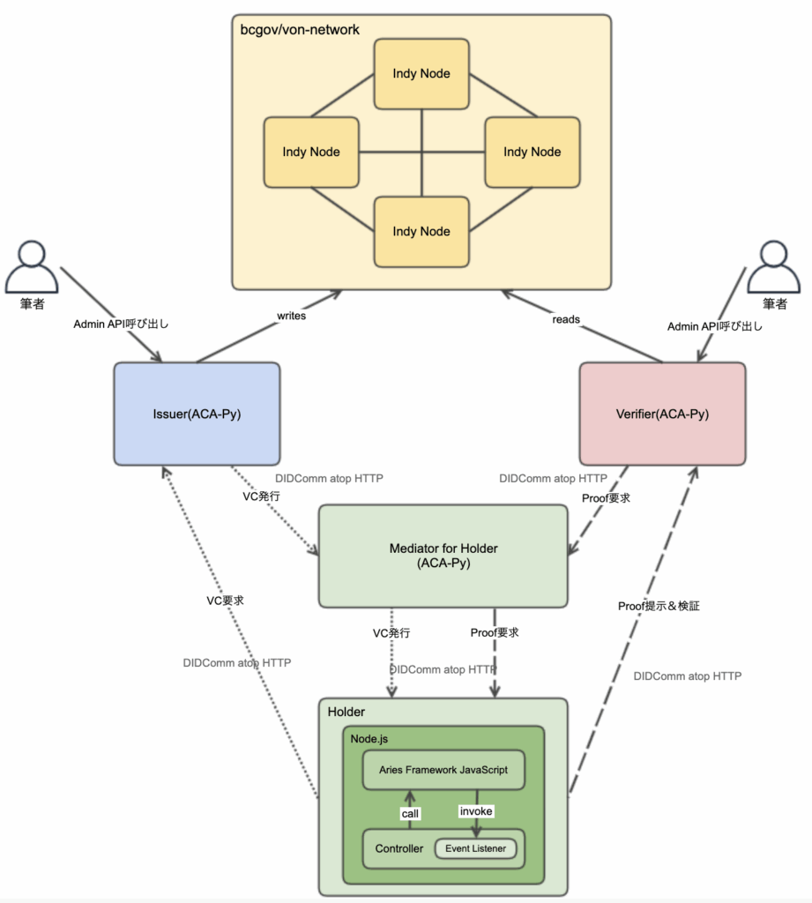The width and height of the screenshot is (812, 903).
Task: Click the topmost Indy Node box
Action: coord(421,74)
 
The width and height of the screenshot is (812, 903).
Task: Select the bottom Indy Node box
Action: coord(421,232)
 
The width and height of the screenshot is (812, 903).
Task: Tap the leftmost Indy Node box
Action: coord(311,152)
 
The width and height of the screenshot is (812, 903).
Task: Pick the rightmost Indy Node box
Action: coord(533,152)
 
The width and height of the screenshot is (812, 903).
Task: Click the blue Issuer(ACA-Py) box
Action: coord(197,414)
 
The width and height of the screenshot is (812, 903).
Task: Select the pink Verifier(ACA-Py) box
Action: coord(662,414)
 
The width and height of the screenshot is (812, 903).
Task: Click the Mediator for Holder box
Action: coord(443,556)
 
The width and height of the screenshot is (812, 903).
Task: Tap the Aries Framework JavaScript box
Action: coord(443,769)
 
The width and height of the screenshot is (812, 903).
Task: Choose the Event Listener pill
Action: coord(476,848)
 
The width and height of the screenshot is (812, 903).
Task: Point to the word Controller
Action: coord(399,848)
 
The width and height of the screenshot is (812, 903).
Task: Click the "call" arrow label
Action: coord(410,813)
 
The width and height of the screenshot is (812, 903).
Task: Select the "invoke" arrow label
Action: coord(476,811)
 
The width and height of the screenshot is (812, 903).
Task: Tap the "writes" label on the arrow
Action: coord(292,316)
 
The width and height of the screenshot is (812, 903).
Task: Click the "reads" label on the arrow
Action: coord(566,319)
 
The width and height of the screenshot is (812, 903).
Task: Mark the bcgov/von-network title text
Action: coord(300,30)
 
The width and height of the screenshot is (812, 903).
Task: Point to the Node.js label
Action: coord(369,739)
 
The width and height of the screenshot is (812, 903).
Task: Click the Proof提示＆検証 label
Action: coord(659,606)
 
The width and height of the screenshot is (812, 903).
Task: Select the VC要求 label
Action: coord(225,601)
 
